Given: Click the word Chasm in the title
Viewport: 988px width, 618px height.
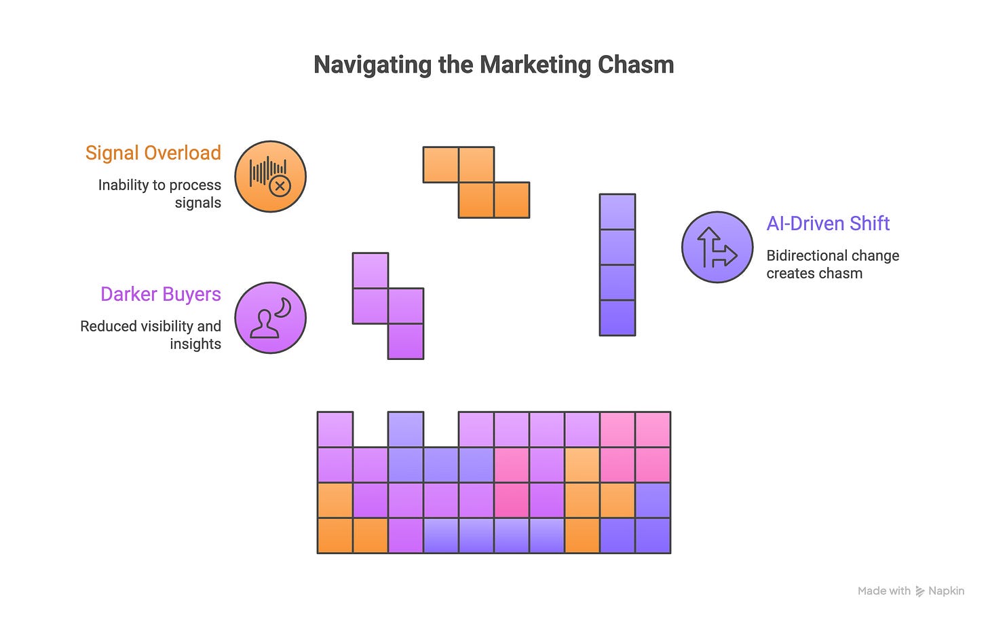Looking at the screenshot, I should click(x=636, y=65).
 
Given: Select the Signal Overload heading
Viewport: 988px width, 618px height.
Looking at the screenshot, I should click(x=153, y=153).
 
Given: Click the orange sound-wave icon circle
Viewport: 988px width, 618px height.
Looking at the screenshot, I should click(x=270, y=177).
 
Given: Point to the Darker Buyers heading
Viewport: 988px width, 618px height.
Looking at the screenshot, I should click(x=161, y=294).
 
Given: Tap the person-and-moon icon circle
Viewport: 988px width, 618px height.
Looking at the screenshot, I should click(x=270, y=318).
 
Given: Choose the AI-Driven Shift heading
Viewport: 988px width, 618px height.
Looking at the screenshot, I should click(x=828, y=223).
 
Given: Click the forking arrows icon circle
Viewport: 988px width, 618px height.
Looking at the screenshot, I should click(x=717, y=247).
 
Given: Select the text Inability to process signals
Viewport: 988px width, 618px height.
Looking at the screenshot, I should click(x=160, y=194).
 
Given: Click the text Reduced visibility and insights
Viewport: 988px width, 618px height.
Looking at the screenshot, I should click(x=151, y=335).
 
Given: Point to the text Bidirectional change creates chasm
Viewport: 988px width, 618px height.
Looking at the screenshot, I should click(x=833, y=264).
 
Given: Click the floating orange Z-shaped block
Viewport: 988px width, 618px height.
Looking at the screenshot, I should click(x=476, y=182).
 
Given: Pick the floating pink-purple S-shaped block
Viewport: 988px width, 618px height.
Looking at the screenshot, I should click(x=389, y=306).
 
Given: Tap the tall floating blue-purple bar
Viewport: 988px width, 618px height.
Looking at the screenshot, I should click(x=617, y=265).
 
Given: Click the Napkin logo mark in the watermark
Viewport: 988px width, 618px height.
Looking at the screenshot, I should click(x=919, y=591).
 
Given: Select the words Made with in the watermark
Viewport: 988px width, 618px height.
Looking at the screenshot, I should click(x=883, y=591).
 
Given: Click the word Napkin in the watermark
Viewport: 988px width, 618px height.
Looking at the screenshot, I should click(x=946, y=591).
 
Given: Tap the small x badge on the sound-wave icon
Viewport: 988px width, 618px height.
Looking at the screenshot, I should click(x=280, y=185).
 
